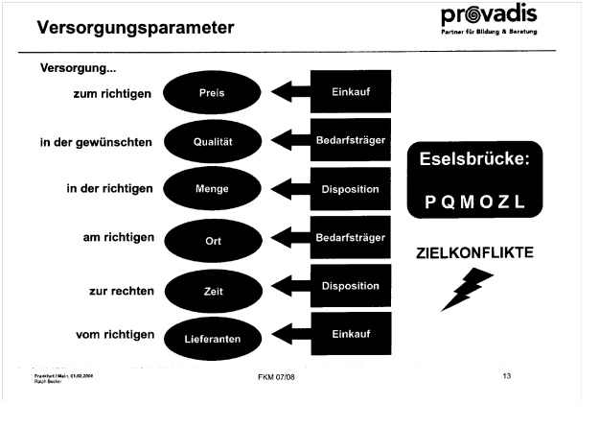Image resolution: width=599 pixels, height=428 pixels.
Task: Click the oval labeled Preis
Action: pyautogui.click(x=211, y=94)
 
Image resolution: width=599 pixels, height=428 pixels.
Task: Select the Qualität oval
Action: pyautogui.click(x=211, y=142)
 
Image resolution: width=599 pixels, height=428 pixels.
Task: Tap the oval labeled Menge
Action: pyautogui.click(x=211, y=190)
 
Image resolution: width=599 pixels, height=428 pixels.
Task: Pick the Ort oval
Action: pyautogui.click(x=211, y=239)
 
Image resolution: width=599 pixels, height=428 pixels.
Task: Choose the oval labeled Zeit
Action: pyautogui.click(x=211, y=288)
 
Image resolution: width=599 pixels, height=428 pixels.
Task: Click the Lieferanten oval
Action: pyautogui.click(x=211, y=338)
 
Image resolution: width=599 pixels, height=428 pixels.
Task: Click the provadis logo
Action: pyautogui.click(x=489, y=20)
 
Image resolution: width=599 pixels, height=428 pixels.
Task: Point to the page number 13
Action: pyautogui.click(x=507, y=375)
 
